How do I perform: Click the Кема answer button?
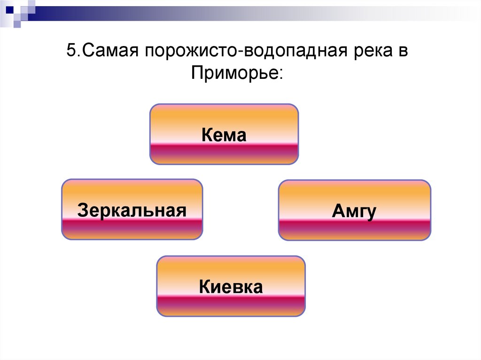224,134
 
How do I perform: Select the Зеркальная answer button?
132,209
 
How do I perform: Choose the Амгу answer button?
354,211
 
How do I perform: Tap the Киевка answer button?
231,286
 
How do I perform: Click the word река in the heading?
371,50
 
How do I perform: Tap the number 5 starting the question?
71,50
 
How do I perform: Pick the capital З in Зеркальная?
83,209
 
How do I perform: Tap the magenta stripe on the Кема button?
224,151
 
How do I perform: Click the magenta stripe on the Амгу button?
354,228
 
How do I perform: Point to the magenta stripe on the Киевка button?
231,303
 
